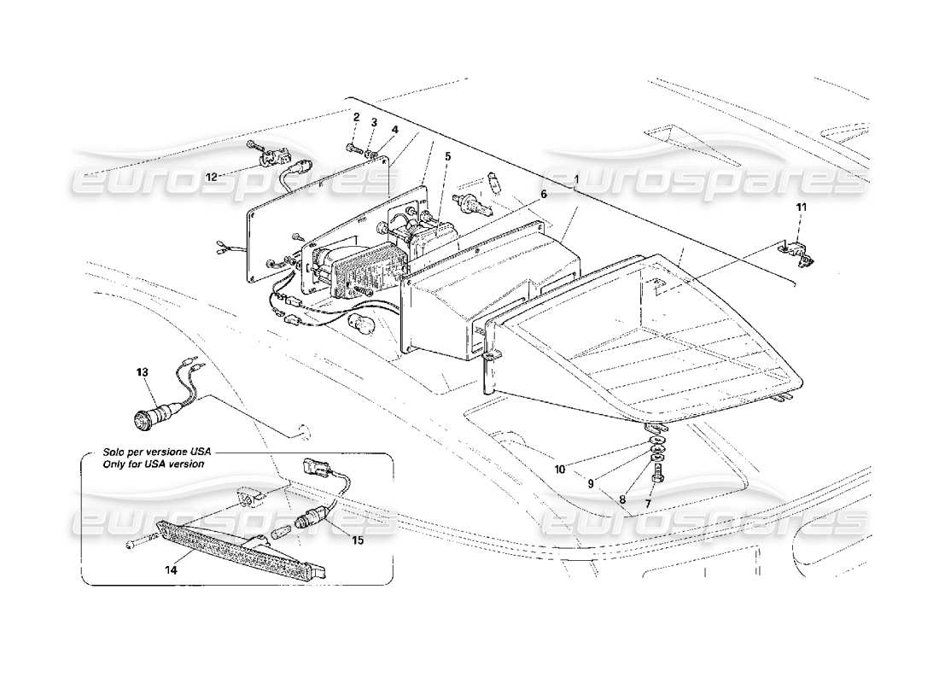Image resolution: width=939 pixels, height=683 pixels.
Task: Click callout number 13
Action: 142,372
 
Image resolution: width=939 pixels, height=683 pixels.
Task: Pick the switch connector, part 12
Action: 274,158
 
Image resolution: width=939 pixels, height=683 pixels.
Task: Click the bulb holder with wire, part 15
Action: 309,519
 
